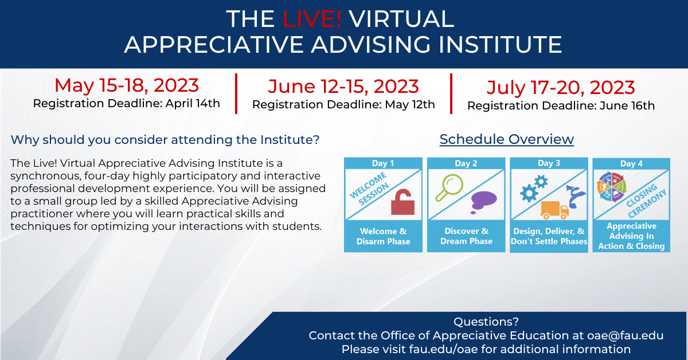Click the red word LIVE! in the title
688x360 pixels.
(x=311, y=19)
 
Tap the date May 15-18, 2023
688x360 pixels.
(x=127, y=85)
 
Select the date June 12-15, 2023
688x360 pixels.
(x=343, y=87)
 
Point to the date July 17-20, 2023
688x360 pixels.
(x=561, y=88)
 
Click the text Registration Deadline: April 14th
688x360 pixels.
(x=127, y=104)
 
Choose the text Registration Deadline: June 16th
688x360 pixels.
(x=561, y=105)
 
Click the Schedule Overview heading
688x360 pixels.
(x=506, y=139)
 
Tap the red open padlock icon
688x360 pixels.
(x=402, y=202)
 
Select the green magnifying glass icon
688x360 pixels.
(x=449, y=187)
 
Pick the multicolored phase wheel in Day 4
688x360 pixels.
(x=612, y=187)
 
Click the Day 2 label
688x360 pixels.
(x=466, y=163)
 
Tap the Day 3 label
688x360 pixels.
(x=549, y=163)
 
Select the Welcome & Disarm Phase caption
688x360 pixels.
(x=384, y=236)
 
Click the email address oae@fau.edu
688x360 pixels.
(x=626, y=335)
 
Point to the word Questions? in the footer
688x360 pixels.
(x=486, y=322)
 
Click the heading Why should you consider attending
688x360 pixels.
(x=165, y=140)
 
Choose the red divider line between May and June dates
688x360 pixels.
(x=236, y=93)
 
